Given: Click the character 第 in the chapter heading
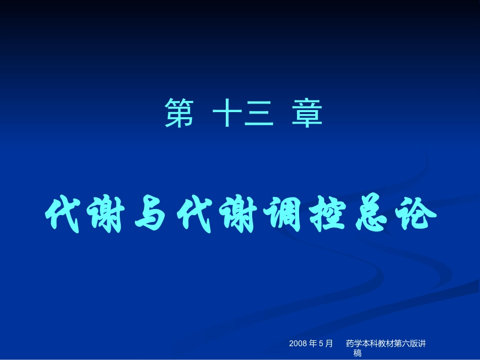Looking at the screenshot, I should pyautogui.click(x=179, y=113).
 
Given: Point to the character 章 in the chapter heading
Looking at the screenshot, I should pyautogui.click(x=307, y=113).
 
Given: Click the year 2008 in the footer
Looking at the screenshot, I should pyautogui.click(x=298, y=344).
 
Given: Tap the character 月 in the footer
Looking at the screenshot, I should pyautogui.click(x=329, y=344).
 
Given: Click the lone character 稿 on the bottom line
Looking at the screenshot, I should pyautogui.click(x=358, y=353).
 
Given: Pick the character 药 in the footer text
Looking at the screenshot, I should pyautogui.click(x=350, y=344).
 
